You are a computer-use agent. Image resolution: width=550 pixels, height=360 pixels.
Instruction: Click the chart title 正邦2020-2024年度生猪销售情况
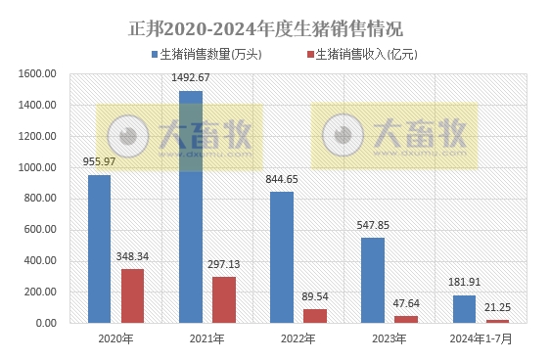click(265, 26)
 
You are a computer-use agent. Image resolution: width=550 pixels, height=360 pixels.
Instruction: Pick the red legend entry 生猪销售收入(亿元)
click(362, 54)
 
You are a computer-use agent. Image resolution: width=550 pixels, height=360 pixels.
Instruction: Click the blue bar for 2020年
click(99, 248)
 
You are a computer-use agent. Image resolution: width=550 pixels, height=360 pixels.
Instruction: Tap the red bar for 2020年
click(133, 295)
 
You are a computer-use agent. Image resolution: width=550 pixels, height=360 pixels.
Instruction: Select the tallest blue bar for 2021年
click(191, 206)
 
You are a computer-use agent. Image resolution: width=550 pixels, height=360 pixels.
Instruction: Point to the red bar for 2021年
click(224, 299)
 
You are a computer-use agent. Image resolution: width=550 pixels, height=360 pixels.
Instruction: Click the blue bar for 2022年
click(282, 257)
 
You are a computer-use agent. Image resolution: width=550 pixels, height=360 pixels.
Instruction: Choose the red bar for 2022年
click(315, 315)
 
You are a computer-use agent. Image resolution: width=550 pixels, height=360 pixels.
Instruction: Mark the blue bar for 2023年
click(373, 280)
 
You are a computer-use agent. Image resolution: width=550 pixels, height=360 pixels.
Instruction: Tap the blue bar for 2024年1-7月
click(464, 308)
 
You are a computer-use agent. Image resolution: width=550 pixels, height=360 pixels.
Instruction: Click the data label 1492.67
click(191, 77)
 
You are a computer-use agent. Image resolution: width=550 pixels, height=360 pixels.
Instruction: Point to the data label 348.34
click(133, 256)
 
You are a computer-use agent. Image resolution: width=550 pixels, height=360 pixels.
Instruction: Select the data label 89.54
click(315, 296)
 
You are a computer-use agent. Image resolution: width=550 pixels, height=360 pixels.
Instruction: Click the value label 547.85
click(373, 225)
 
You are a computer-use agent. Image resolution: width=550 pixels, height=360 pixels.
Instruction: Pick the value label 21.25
click(497, 307)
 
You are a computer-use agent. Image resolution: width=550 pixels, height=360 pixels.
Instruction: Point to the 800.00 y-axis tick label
click(43, 199)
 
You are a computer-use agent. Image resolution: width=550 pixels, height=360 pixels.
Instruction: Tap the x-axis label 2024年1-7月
click(481, 339)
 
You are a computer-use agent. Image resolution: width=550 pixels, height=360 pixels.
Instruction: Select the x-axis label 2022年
click(298, 339)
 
